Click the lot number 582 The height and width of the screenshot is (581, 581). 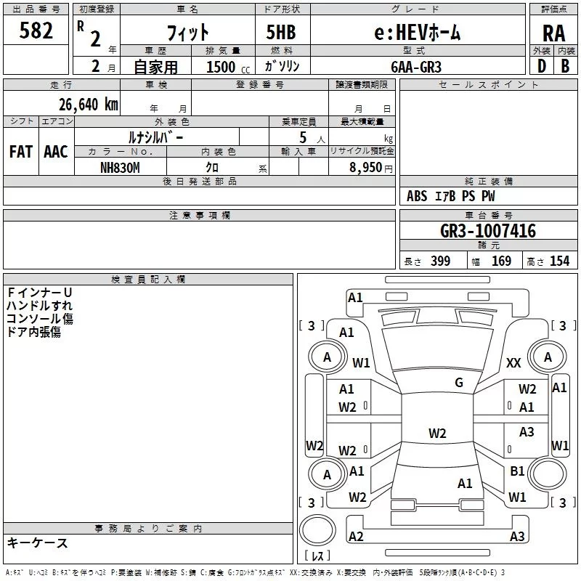click(x=36, y=31)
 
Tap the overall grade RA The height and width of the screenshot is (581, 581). click(x=554, y=33)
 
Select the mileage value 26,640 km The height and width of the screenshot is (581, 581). click(x=89, y=105)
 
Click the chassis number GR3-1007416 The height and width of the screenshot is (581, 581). click(x=488, y=231)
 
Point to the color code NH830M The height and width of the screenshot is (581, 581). click(x=120, y=168)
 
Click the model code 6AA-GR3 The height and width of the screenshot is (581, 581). click(x=416, y=67)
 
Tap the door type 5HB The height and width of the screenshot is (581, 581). click(x=281, y=32)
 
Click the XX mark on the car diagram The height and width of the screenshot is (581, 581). click(x=513, y=362)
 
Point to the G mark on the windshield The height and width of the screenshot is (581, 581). click(x=459, y=383)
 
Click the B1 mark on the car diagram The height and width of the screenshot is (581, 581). click(x=517, y=471)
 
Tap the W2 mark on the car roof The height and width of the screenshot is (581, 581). click(x=437, y=433)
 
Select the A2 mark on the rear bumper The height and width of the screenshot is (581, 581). click(x=356, y=536)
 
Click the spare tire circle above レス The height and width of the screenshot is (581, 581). click(x=317, y=530)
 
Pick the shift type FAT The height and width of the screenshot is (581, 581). click(x=21, y=152)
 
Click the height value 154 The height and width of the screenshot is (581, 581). click(x=559, y=261)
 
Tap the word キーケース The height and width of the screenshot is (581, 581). click(x=38, y=543)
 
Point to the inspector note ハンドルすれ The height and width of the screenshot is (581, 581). click(x=39, y=306)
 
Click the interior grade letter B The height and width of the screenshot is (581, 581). click(x=565, y=66)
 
